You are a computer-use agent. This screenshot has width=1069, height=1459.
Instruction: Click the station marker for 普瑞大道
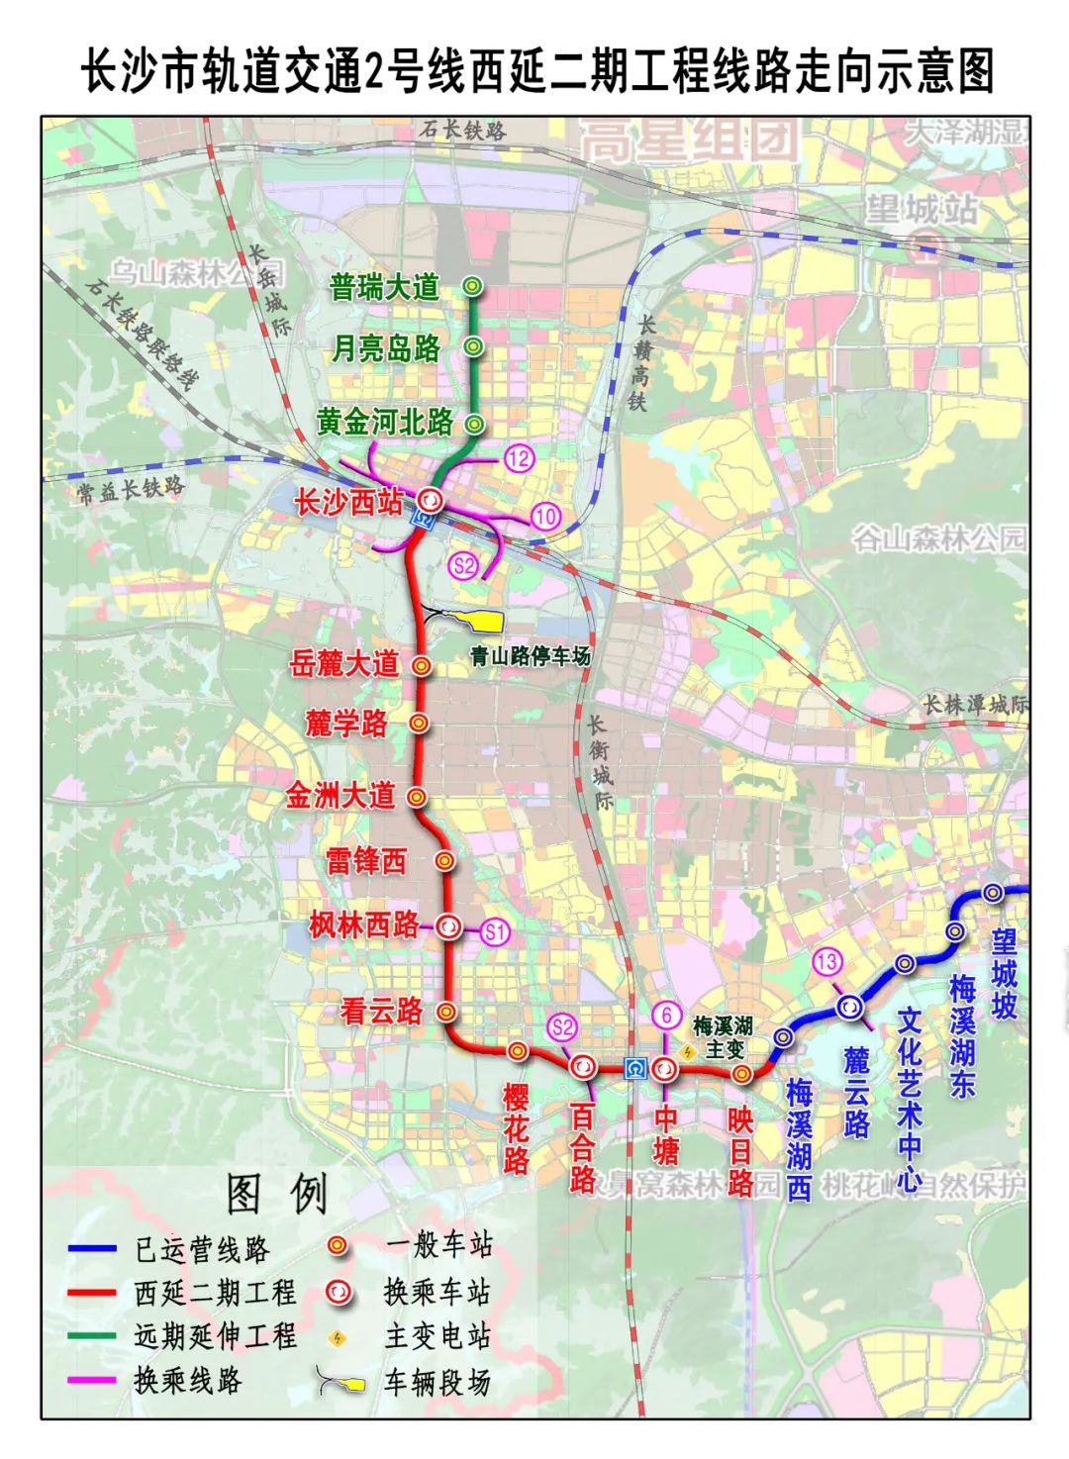473,287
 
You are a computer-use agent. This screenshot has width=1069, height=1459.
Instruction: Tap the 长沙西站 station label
348,503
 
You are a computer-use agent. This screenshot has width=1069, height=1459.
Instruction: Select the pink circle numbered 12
519,457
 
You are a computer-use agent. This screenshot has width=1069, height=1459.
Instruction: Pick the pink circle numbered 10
545,516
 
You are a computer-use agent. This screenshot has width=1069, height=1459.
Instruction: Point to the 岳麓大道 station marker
421,665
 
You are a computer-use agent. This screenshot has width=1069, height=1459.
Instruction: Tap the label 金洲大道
340,796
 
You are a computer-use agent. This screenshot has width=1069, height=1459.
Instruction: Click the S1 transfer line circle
495,930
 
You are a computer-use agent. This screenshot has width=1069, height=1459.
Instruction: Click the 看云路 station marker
446,1012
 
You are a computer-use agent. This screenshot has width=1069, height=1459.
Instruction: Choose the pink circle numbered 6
667,1015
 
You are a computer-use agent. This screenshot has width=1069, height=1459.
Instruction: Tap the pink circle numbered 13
826,961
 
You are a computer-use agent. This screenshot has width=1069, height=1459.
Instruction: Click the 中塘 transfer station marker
664,1068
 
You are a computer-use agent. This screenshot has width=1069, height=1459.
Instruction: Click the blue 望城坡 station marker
993,893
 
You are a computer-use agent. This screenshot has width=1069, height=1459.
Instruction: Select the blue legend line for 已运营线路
93,1249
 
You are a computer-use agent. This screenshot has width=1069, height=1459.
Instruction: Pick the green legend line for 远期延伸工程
93,1336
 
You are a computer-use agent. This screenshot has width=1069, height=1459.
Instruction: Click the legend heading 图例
277,1195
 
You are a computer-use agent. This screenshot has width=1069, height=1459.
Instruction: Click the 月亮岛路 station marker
473,346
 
